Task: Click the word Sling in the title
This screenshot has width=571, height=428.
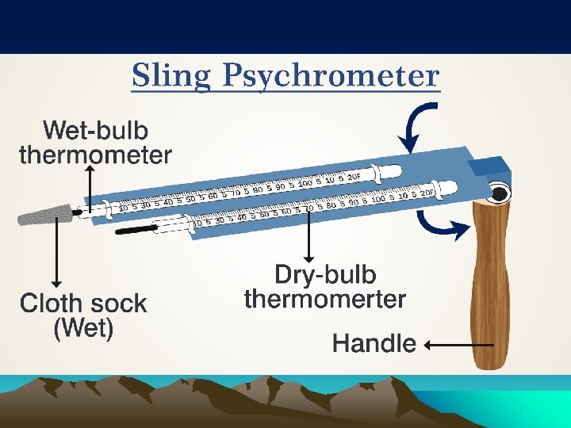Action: pos(173,76)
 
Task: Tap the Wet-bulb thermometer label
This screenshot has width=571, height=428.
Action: pos(95,141)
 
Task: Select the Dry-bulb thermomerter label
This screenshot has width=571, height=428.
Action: pos(324,287)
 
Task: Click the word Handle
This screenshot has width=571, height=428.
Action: pos(374,343)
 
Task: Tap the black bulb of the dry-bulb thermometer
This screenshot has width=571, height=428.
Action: pos(135,231)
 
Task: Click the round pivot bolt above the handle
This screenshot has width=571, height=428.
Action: pos(499,193)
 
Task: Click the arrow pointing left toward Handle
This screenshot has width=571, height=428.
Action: pos(460,345)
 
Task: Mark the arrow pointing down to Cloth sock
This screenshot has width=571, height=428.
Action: pos(56,254)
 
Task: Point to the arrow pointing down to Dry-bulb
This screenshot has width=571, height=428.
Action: pos(310,238)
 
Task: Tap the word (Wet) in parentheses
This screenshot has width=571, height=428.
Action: pos(83,328)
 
